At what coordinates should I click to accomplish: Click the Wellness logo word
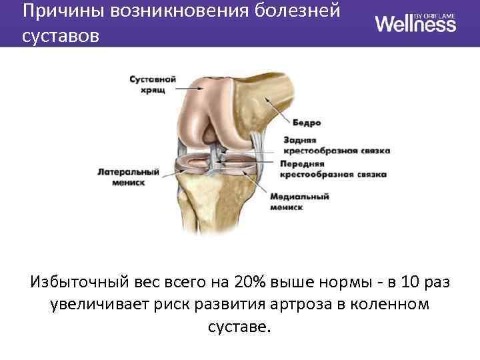pos(415,24)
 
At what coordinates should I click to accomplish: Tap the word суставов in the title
pos(60,35)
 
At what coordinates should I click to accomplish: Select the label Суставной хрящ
pos(152,83)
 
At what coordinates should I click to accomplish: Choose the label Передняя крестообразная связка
pos(333,168)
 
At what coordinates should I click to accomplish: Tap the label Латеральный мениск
pos(129,176)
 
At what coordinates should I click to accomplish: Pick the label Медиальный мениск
pos(301,202)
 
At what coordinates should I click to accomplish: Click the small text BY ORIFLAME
pos(437,14)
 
